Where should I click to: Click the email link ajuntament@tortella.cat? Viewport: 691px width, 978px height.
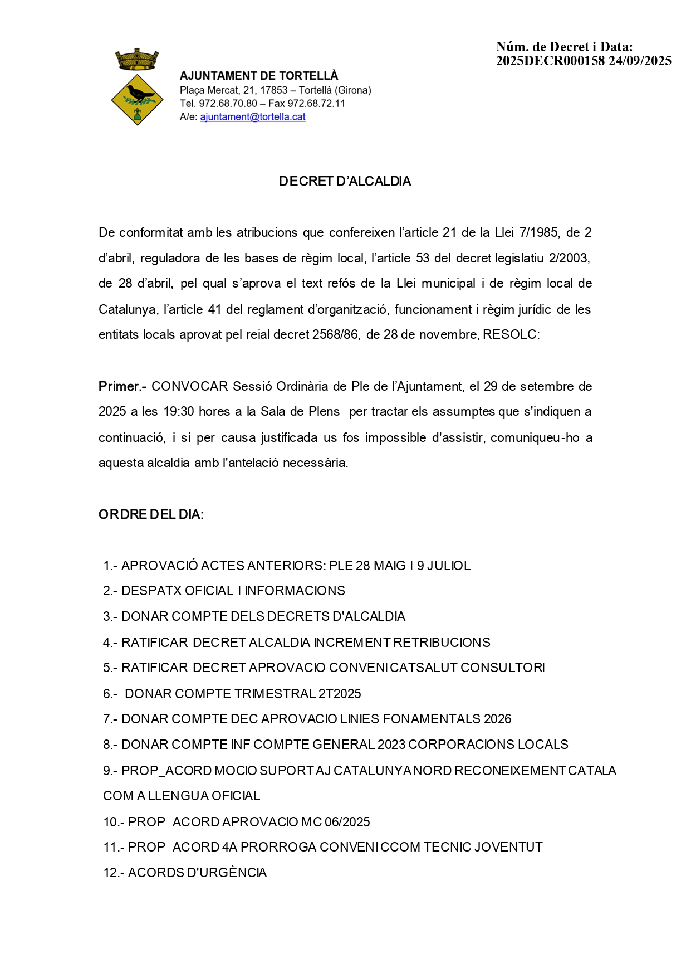click(253, 117)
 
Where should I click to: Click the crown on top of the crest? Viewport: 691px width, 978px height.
click(137, 59)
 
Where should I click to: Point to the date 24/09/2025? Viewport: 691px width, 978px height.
click(640, 61)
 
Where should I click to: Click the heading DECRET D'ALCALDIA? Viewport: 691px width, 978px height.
click(345, 182)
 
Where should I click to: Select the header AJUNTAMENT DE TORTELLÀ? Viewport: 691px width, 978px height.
click(259, 76)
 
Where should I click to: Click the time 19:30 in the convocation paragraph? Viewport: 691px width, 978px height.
click(179, 412)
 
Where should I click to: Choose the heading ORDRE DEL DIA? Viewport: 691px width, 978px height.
click(151, 514)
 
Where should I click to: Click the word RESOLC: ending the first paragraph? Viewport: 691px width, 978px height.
click(511, 335)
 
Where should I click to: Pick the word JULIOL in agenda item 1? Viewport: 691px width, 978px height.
click(448, 566)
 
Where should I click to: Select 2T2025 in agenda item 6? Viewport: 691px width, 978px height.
click(340, 694)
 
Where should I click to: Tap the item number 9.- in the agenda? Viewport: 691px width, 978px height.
click(110, 771)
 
